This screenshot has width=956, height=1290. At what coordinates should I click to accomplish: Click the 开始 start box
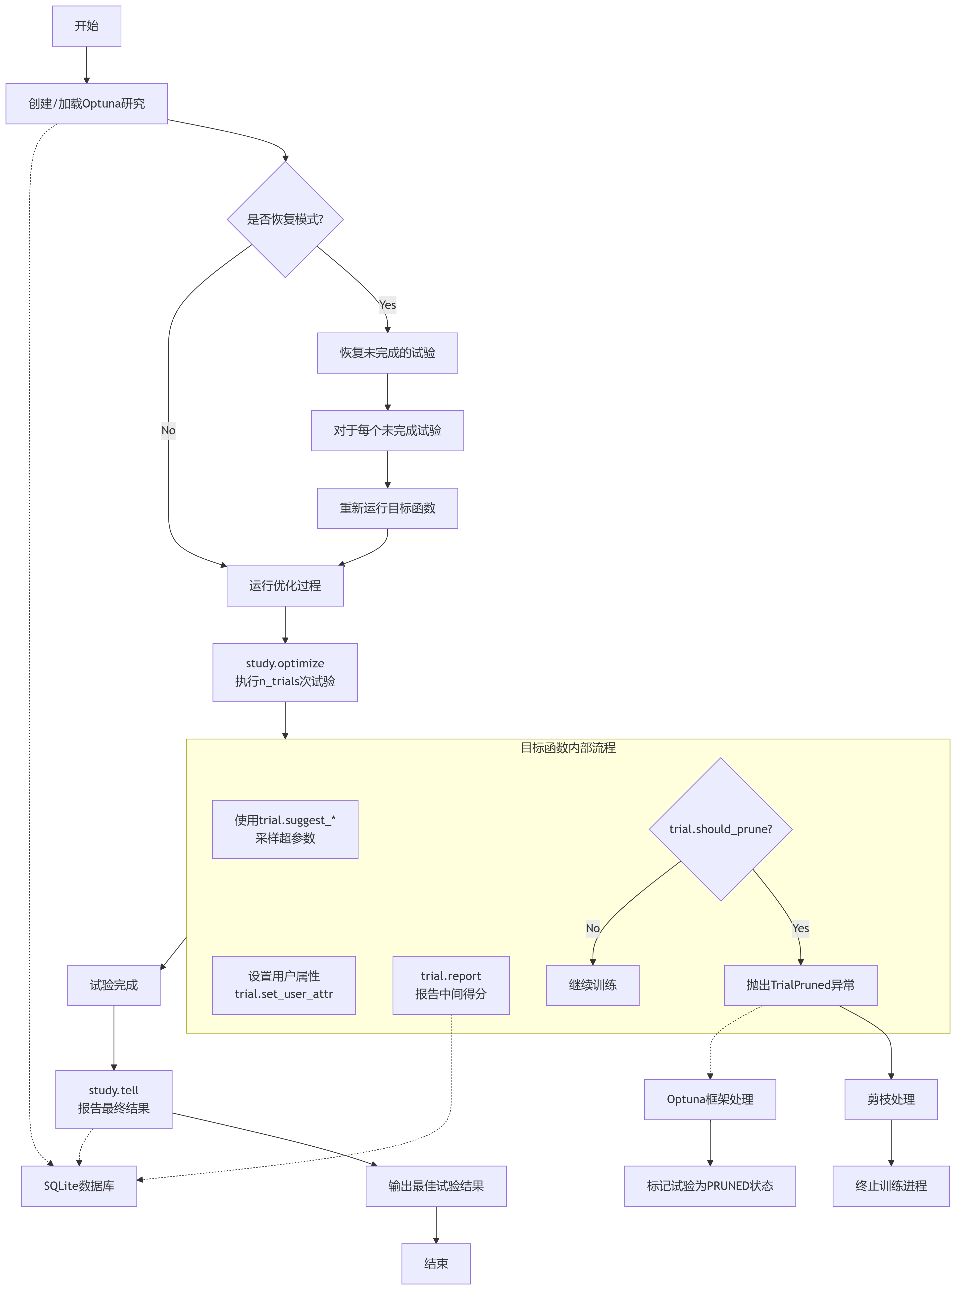click(86, 26)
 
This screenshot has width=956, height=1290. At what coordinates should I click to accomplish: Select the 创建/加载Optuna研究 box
click(86, 104)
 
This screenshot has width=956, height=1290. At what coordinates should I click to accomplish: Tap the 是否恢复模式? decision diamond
click(285, 219)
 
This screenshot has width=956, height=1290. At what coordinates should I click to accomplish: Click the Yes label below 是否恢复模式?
click(387, 305)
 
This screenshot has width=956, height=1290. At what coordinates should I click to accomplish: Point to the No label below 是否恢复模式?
click(168, 430)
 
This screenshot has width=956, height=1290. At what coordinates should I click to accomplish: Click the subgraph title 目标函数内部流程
click(568, 748)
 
